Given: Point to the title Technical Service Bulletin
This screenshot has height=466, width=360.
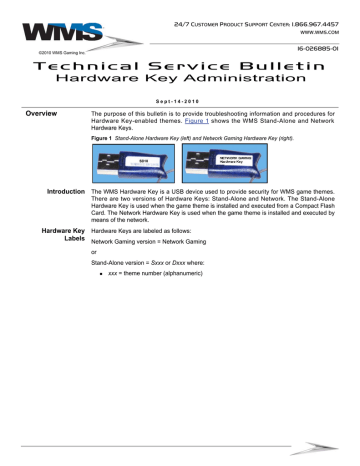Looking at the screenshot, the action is coord(180,63).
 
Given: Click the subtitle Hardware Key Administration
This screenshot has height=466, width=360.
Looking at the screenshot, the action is coord(180,77).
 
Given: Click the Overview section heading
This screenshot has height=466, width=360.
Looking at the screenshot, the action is coord(42,114).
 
